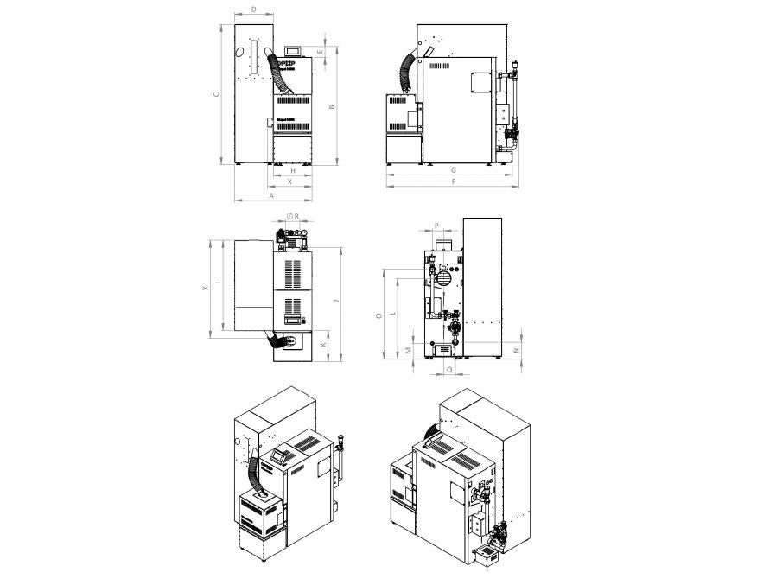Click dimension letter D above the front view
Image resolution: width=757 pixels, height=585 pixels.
(253, 9)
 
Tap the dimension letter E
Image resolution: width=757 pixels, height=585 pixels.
(321, 52)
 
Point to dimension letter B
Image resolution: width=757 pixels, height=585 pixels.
(334, 106)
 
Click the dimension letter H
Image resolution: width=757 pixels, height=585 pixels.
(292, 171)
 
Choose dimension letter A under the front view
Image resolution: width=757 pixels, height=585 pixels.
(271, 196)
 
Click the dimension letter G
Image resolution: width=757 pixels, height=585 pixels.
(453, 171)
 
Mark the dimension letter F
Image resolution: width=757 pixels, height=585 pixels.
(453, 183)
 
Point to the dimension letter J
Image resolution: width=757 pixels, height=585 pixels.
(334, 302)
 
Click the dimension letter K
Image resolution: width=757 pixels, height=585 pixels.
(323, 344)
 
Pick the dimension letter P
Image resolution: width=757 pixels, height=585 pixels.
(437, 226)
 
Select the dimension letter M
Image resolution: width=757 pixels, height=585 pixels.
(408, 350)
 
